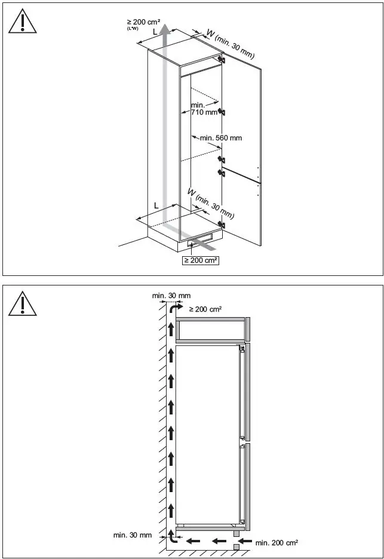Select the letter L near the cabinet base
pyautogui.click(x=156, y=205)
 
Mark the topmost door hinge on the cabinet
pyautogui.click(x=222, y=59)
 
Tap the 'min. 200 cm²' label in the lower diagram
pyautogui.click(x=277, y=543)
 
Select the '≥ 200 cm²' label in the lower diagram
pyautogui.click(x=205, y=309)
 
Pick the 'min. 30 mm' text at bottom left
pyautogui.click(x=133, y=535)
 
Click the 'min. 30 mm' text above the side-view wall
pyautogui.click(x=171, y=296)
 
